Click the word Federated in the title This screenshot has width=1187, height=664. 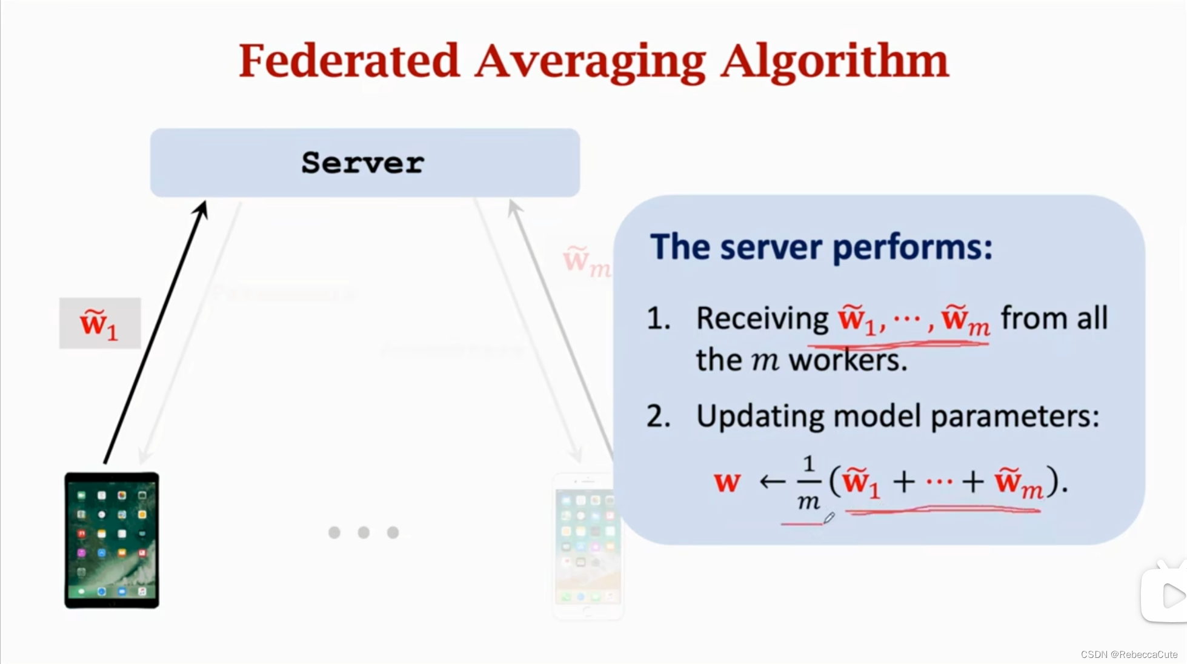(x=349, y=61)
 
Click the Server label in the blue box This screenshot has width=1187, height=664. (x=363, y=163)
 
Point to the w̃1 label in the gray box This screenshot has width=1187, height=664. (x=99, y=324)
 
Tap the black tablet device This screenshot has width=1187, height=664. (x=112, y=540)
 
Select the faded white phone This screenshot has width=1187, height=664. (x=586, y=546)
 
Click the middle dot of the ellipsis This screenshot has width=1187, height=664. (x=364, y=532)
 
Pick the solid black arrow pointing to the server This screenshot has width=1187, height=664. (x=156, y=332)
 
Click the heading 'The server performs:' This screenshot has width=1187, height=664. (x=821, y=247)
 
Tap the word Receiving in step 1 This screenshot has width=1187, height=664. (x=762, y=318)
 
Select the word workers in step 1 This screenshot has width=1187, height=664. (x=848, y=360)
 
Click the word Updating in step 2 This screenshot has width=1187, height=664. (x=760, y=417)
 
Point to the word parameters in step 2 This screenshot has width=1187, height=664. (x=1014, y=417)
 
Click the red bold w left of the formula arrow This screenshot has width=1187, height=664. (x=727, y=482)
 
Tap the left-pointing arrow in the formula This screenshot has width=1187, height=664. (x=772, y=482)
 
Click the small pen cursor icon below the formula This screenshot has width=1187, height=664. (x=829, y=517)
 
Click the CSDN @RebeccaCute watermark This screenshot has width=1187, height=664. (x=1129, y=654)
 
